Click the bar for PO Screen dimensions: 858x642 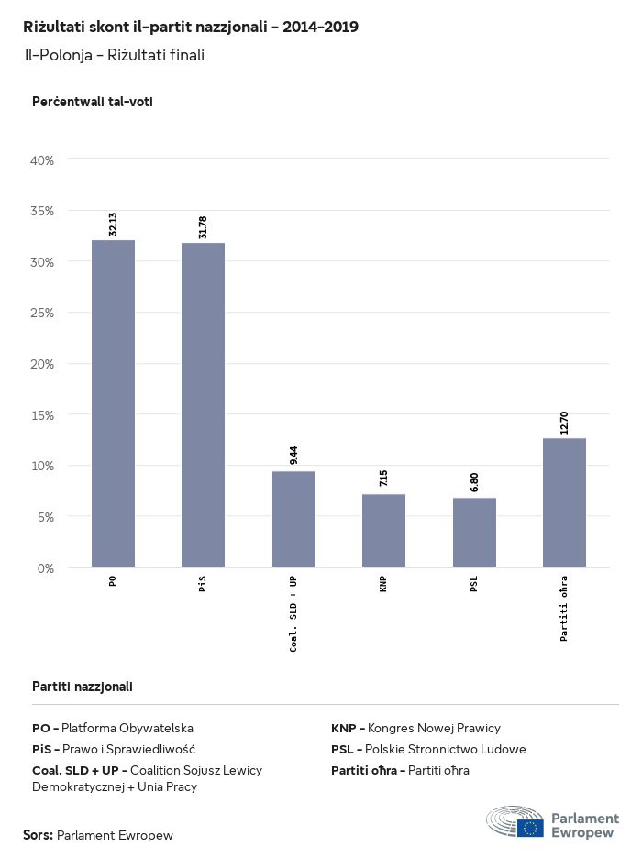[x=113, y=403]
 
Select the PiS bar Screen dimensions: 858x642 [x=203, y=405]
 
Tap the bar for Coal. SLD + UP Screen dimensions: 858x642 [x=293, y=519]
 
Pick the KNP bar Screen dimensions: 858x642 [x=383, y=531]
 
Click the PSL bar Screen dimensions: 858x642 [x=474, y=533]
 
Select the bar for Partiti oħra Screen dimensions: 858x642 [x=564, y=502]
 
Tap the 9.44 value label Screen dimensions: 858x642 [x=293, y=456]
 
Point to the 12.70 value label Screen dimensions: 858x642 [x=564, y=423]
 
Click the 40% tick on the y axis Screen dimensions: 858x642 [x=43, y=160]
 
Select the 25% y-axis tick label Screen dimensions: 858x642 [x=43, y=313]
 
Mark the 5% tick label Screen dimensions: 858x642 [x=46, y=517]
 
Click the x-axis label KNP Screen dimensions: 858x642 [x=383, y=585]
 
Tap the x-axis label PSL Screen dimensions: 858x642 [x=474, y=585]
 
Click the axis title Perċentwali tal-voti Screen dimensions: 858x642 [x=92, y=102]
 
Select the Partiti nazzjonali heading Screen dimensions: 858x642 [x=83, y=686]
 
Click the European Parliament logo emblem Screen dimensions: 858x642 [x=515, y=822]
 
